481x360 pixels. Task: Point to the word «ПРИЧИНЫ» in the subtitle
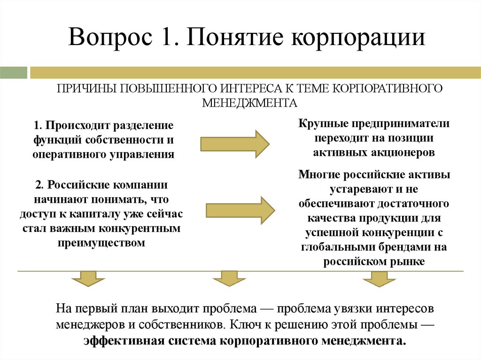click(x=85, y=89)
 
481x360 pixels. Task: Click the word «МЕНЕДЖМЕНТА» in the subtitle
click(x=249, y=102)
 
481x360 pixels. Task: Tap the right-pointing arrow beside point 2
click(x=240, y=209)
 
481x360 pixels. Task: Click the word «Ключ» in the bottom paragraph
click(x=245, y=324)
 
